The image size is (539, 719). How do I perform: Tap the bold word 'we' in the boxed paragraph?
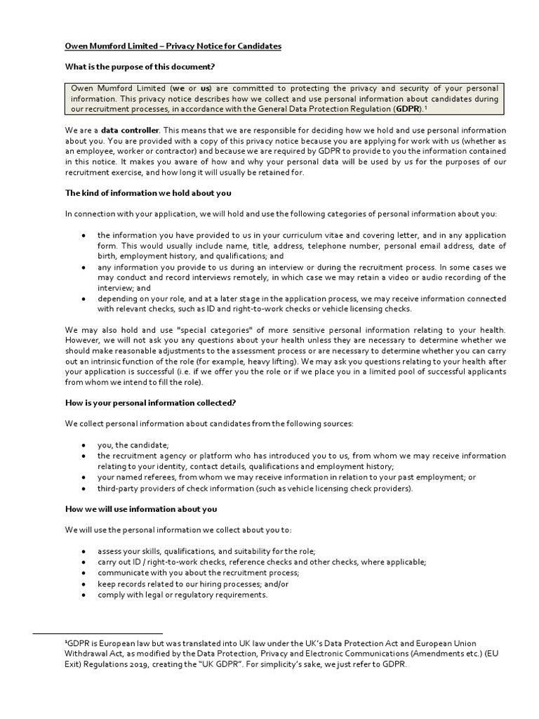(x=180, y=88)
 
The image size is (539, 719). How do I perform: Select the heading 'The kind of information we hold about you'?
(x=148, y=193)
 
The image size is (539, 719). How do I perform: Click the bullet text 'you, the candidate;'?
(x=133, y=445)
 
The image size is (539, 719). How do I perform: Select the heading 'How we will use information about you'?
(x=141, y=509)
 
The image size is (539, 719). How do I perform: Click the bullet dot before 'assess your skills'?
(x=84, y=551)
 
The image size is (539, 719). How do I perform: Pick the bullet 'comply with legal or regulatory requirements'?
(x=182, y=595)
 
